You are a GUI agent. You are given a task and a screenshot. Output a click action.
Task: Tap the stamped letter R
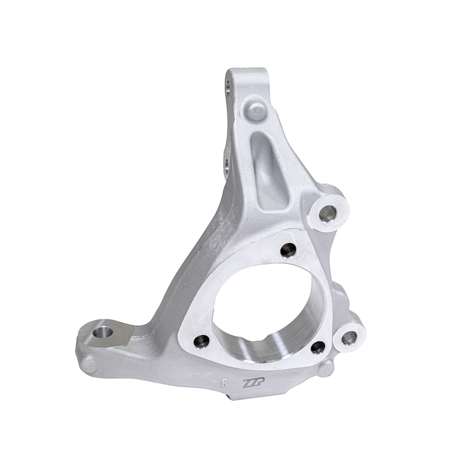pyautogui.click(x=224, y=383)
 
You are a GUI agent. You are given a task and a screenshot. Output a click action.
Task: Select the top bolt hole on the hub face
pyautogui.click(x=288, y=250)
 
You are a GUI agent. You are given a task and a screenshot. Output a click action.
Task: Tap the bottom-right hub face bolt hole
pyautogui.click(x=318, y=347)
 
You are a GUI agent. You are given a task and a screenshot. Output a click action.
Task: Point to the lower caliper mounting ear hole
pyautogui.click(x=349, y=336)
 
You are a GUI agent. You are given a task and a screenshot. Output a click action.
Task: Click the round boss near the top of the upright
pyautogui.click(x=256, y=109)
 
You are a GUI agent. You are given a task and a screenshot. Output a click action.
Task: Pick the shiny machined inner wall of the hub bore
pyautogui.click(x=257, y=345)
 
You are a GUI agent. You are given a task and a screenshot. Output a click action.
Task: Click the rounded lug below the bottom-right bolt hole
pyautogui.click(x=327, y=367)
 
